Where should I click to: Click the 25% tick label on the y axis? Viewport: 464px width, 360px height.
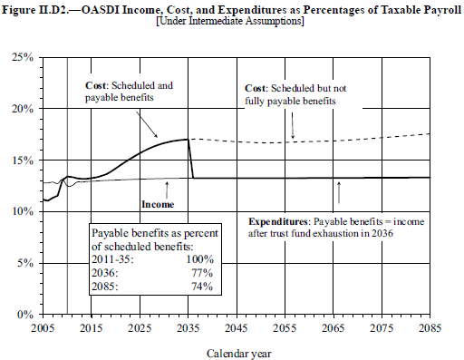[23, 57]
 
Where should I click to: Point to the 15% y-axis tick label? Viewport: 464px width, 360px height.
[23, 161]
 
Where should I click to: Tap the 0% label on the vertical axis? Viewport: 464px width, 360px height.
[25, 315]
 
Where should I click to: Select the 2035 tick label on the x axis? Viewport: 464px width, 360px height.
[188, 328]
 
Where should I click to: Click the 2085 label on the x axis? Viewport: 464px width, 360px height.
[430, 328]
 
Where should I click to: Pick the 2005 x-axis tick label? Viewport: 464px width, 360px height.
[43, 328]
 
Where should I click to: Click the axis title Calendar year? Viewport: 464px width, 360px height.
[238, 354]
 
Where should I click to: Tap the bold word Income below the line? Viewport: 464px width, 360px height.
[158, 204]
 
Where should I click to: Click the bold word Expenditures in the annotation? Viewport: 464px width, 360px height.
[277, 222]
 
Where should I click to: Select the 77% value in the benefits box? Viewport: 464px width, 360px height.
[202, 273]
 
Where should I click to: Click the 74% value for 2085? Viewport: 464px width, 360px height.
[202, 287]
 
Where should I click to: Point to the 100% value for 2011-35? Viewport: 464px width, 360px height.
[199, 259]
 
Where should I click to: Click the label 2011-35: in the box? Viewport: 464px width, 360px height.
[112, 259]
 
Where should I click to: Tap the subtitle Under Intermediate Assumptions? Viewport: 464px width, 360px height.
[230, 21]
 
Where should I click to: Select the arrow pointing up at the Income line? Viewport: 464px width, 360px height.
[167, 190]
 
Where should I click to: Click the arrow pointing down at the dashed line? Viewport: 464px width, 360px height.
[293, 126]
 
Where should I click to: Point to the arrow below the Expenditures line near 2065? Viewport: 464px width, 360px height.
[339, 192]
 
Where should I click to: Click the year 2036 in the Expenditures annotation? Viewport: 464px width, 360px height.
[382, 234]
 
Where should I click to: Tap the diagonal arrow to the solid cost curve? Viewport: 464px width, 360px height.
[147, 124]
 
